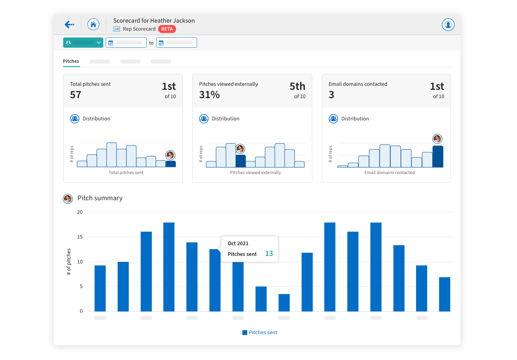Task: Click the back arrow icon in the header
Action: [69, 25]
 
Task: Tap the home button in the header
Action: [93, 25]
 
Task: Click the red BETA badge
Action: [167, 29]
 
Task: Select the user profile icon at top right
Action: [448, 25]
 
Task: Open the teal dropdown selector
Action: [83, 43]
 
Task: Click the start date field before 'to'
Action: [126, 43]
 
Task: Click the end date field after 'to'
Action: [176, 43]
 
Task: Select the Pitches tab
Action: [71, 61]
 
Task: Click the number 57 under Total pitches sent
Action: [76, 95]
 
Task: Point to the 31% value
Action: [209, 95]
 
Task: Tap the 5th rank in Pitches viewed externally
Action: [297, 86]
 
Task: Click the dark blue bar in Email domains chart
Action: [438, 157]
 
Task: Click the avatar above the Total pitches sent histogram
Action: [170, 155]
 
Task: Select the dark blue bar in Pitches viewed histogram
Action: [240, 161]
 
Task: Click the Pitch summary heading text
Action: [100, 198]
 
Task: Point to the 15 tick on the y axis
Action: [80, 237]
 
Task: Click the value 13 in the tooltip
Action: [269, 254]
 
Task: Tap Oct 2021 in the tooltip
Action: [238, 243]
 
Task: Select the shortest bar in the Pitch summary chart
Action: [284, 303]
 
